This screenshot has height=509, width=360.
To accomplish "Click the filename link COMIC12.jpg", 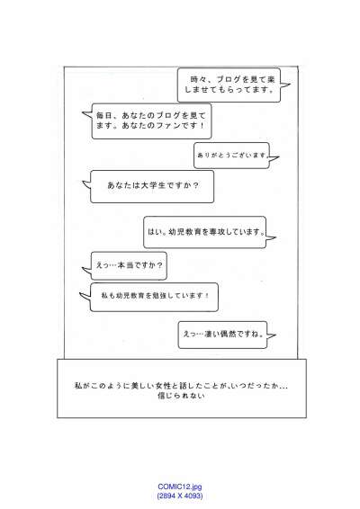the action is point(180,487).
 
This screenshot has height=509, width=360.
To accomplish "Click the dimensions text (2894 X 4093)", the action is point(180,496).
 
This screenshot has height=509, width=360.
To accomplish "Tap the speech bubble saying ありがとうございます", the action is point(231,156).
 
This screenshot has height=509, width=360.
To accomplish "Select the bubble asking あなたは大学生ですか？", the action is point(152,187).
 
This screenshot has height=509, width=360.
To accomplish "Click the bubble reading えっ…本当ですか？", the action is point(129,265).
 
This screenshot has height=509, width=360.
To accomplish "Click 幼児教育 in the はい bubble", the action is point(181,232).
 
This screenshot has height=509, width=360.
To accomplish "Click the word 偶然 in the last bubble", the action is point(228,334).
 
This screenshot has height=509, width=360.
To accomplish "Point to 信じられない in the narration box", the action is point(181,396).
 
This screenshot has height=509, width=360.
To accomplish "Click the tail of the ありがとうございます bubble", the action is point(274,157).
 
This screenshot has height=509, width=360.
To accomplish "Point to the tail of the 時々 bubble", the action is point(285,85).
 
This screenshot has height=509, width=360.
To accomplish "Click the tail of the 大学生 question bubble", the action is point(86,184).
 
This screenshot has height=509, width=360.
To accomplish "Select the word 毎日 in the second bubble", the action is point(104,115).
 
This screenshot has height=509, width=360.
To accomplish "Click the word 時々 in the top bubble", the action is point(199,79).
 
